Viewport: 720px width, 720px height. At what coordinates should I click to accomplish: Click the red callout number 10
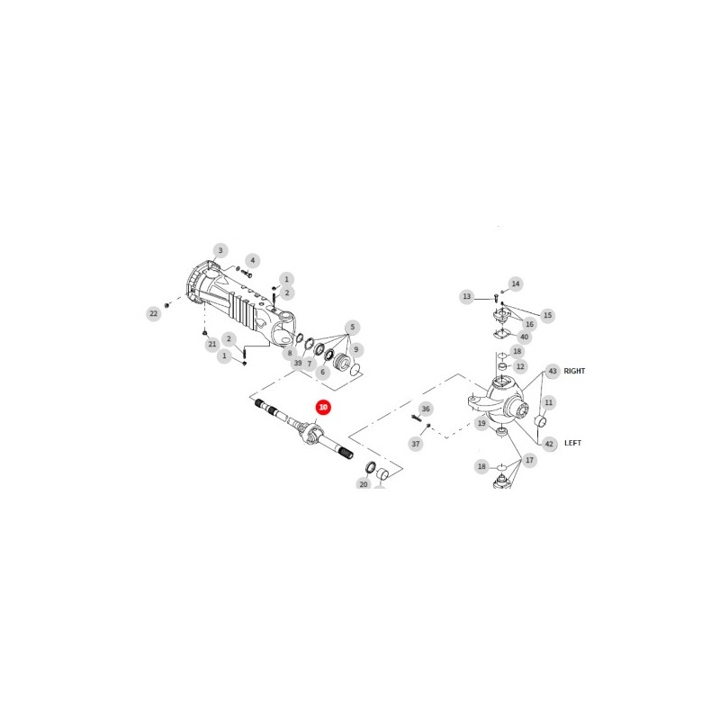coord(323,408)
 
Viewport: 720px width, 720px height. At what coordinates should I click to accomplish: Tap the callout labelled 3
coord(220,250)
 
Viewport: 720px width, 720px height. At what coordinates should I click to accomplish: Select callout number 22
coord(153,313)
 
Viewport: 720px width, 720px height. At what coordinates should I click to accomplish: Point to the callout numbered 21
coord(211,344)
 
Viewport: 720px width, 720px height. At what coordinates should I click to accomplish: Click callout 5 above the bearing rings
coord(352,328)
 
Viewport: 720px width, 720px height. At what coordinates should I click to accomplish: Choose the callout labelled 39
coord(298,363)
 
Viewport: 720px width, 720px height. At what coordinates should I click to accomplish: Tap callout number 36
coord(426,409)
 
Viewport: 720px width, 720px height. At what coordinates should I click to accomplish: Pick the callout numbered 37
coord(416,444)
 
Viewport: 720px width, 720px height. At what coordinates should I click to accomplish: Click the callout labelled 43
coord(553,371)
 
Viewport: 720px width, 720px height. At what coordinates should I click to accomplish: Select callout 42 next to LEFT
coord(549,444)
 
